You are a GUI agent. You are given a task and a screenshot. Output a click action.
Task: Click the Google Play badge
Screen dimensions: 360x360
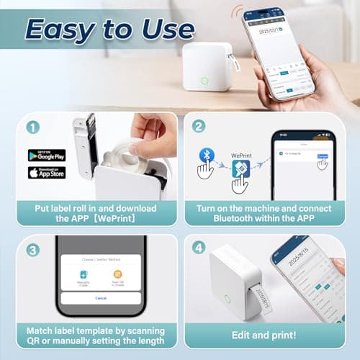point(46,155)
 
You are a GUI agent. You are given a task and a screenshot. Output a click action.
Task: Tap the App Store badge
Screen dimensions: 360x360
point(46,173)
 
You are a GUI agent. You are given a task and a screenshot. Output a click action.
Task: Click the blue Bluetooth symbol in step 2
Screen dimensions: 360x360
point(206,156)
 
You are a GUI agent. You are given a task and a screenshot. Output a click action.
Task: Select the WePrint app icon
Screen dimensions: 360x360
point(240,169)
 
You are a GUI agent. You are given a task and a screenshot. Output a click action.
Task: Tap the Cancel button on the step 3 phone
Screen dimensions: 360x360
point(100,297)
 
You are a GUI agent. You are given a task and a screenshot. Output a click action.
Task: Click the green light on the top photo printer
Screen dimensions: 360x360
point(205,81)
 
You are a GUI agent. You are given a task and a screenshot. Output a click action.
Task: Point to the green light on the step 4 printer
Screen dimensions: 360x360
point(228,299)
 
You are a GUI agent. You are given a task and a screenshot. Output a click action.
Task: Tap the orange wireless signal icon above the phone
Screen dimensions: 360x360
point(235,12)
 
